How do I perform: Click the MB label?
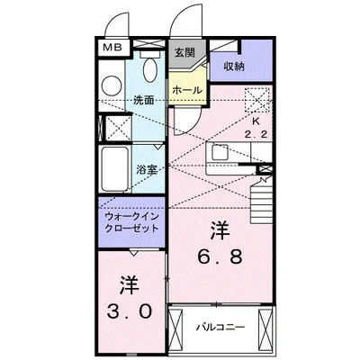coord(112,48)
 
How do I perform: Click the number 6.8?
coord(220,257)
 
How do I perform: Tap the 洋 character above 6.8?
coord(220,229)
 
